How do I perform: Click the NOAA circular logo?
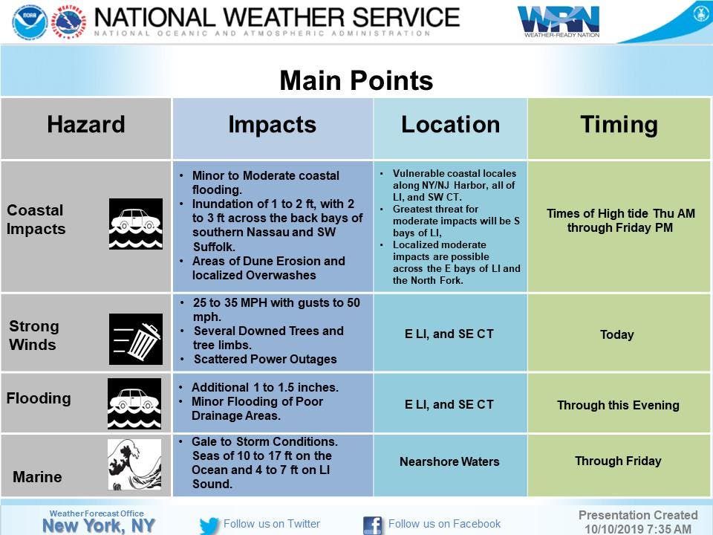click(30, 22)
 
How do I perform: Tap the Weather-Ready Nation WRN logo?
click(559, 22)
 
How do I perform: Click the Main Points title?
click(356, 80)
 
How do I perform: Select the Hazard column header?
click(86, 124)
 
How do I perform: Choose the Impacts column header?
click(273, 125)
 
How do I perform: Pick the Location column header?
click(450, 124)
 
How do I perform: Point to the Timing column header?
click(619, 125)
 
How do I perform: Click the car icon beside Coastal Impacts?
click(135, 224)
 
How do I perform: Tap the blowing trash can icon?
click(135, 339)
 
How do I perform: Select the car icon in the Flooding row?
click(134, 403)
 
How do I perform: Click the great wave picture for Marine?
click(134, 464)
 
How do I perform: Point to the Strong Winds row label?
click(34, 335)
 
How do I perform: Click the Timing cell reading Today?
click(616, 335)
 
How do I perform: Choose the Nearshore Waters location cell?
click(449, 461)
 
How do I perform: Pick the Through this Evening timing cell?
click(619, 406)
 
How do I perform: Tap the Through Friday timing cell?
click(618, 461)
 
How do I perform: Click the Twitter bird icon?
click(209, 525)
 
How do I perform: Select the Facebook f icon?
click(372, 525)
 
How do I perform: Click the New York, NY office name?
click(99, 525)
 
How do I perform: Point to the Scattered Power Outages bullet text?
click(265, 360)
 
